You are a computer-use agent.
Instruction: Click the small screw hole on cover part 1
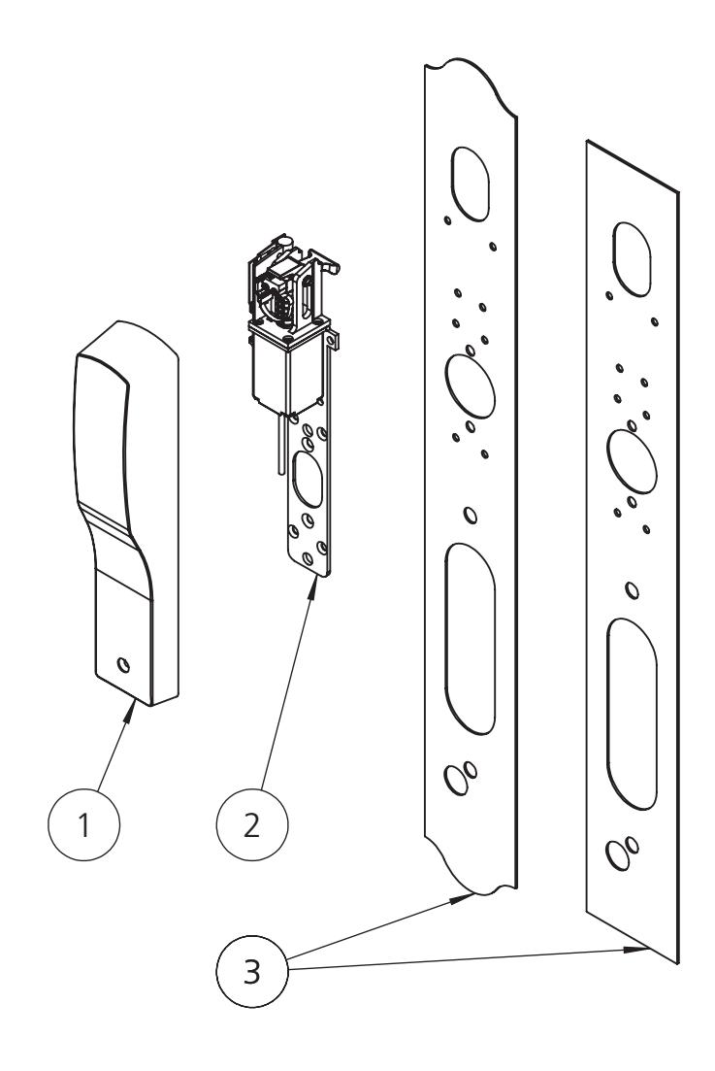122,665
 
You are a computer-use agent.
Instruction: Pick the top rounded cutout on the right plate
631,254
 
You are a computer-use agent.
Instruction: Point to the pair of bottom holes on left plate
460,775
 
